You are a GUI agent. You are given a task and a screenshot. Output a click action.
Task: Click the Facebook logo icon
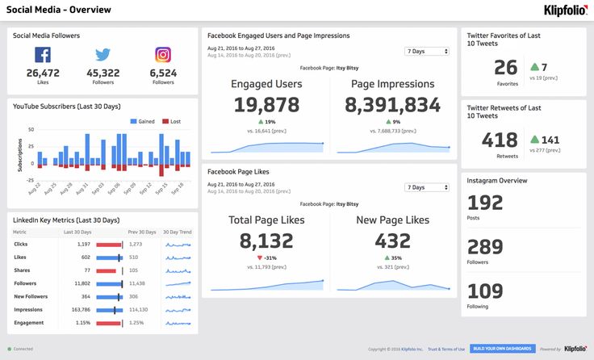click(43, 55)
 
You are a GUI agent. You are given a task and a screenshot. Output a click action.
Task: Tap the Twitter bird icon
click(102, 55)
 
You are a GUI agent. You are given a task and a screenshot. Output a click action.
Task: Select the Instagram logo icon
click(163, 55)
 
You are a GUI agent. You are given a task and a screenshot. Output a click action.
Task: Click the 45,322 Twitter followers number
click(102, 73)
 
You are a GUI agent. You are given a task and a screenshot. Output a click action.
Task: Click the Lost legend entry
click(171, 121)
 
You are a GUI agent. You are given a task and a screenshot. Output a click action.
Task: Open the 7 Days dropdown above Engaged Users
click(427, 52)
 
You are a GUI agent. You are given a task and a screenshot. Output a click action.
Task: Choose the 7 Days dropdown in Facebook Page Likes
click(427, 187)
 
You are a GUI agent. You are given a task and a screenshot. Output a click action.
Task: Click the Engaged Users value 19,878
click(266, 105)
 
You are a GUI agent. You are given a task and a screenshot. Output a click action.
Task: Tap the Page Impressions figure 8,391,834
click(393, 105)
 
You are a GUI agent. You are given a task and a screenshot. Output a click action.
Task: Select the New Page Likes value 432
click(393, 241)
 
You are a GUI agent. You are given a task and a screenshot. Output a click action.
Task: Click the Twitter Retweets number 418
click(500, 140)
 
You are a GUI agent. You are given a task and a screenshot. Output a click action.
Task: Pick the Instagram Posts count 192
click(485, 203)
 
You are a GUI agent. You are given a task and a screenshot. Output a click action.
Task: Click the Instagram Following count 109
click(485, 291)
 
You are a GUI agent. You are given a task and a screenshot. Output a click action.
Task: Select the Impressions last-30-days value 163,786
click(81, 309)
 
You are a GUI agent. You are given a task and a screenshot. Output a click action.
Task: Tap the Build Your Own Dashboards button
click(502, 349)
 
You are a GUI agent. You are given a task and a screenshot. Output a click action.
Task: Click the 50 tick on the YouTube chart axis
click(31, 129)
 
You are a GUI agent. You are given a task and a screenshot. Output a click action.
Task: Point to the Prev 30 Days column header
click(141, 232)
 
